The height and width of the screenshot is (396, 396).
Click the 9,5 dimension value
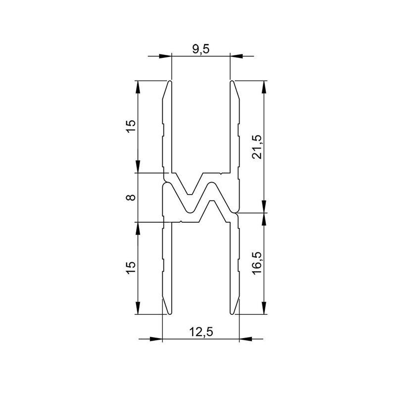pyautogui.click(x=200, y=49)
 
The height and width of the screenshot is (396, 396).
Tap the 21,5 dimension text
pyautogui.click(x=257, y=147)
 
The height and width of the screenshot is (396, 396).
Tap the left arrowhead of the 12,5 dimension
pyautogui.click(x=157, y=339)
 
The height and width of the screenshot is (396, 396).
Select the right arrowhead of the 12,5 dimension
pyautogui.click(x=245, y=339)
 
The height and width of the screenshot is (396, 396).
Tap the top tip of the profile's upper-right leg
pyautogui.click(x=232, y=81)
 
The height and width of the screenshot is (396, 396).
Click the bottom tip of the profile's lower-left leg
pyautogui.click(x=169, y=314)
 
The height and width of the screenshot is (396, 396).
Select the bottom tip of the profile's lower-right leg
pyautogui.click(x=232, y=314)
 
